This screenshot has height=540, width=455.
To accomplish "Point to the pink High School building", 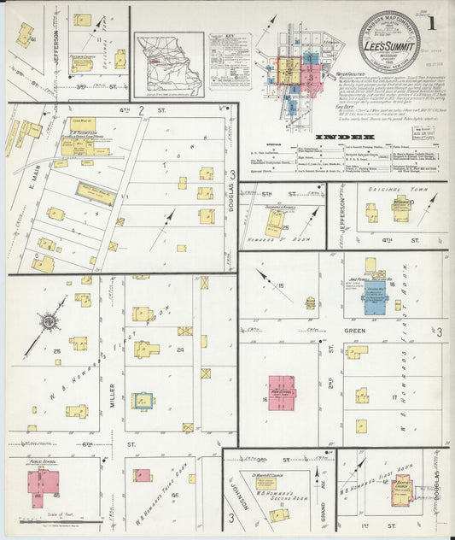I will pos(282,392).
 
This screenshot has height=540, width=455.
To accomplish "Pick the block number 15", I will pos(280,285).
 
